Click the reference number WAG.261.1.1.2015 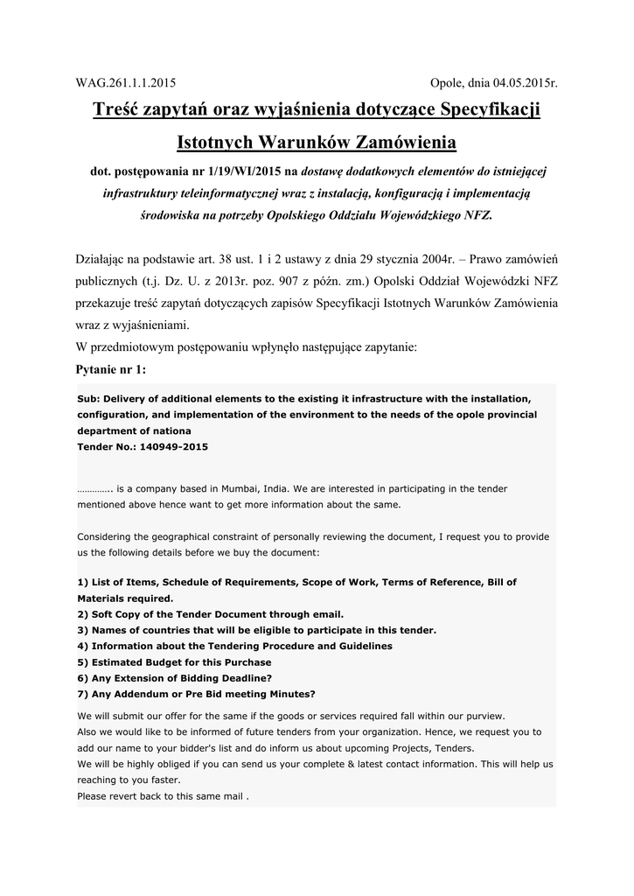point(126,83)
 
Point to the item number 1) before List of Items point(83,582)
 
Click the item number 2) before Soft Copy point(83,614)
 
